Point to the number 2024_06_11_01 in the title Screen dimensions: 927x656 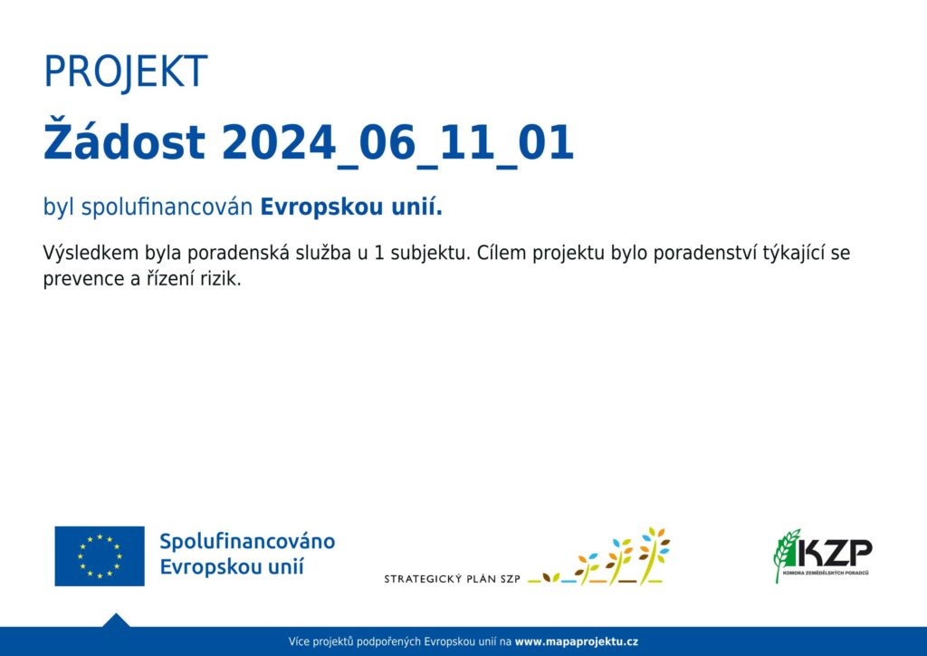(397, 144)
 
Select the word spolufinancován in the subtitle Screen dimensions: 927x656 (167, 207)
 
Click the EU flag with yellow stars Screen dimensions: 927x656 (100, 556)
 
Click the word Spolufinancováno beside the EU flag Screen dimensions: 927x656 (247, 541)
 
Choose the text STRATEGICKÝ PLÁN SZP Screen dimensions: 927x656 (453, 579)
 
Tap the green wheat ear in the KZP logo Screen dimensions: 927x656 (787, 555)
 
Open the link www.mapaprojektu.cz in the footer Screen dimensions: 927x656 (577, 642)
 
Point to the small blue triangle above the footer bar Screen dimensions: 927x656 (116, 620)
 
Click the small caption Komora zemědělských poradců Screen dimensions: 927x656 (826, 573)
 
